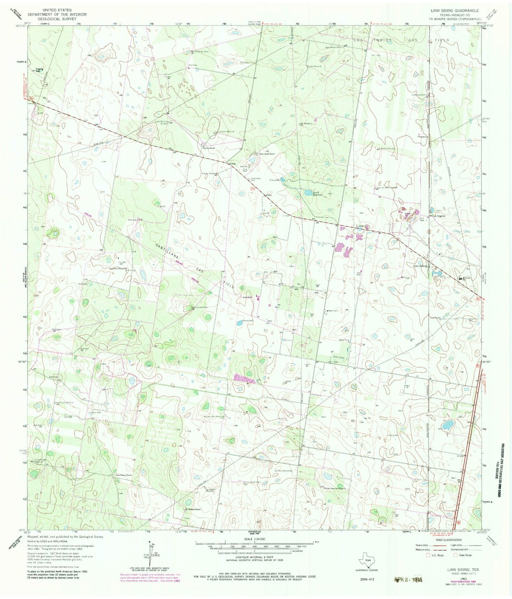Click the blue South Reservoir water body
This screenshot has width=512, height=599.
[x=306, y=193]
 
